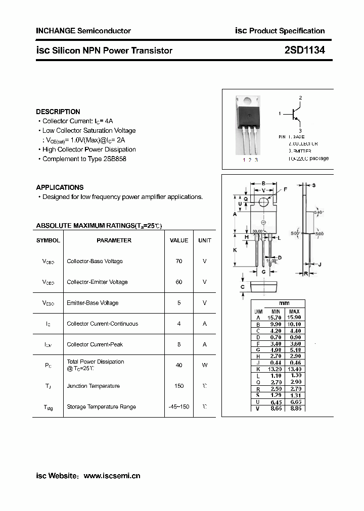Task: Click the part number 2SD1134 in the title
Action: coord(304,50)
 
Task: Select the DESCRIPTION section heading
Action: coord(58,112)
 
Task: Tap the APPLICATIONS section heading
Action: coord(60,187)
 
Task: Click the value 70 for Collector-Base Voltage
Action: coord(179,261)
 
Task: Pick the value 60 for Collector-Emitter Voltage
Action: coord(179,282)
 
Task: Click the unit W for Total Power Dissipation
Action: coord(205,365)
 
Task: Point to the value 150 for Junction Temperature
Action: coord(179,386)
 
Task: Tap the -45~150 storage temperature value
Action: coord(179,406)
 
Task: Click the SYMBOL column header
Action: coord(48,240)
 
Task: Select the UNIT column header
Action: coord(205,240)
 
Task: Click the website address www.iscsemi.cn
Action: coord(112,476)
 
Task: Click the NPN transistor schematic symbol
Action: coord(297,114)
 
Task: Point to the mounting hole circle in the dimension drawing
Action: coord(263,202)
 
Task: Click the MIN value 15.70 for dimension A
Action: coord(274,317)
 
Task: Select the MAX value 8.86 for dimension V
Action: coord(294,408)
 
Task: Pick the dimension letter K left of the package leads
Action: coord(235,250)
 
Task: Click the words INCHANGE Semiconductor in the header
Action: coord(83,31)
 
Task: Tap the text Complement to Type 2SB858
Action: coord(84,159)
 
